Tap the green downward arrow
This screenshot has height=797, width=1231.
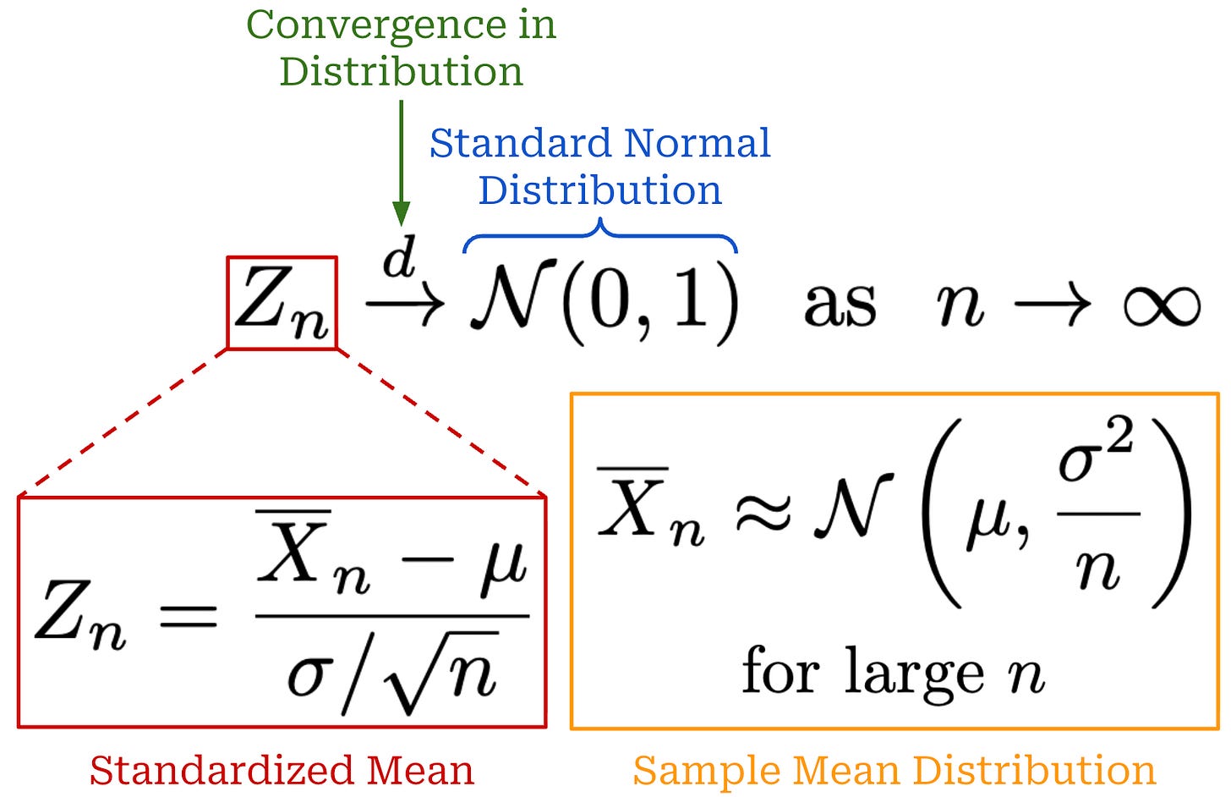click(402, 161)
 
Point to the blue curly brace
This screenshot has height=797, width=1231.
click(600, 235)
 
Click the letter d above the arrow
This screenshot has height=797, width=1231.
click(399, 257)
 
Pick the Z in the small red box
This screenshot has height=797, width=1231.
click(264, 298)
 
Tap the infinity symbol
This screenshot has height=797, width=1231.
click(1162, 305)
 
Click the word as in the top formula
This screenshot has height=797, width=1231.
click(840, 305)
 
